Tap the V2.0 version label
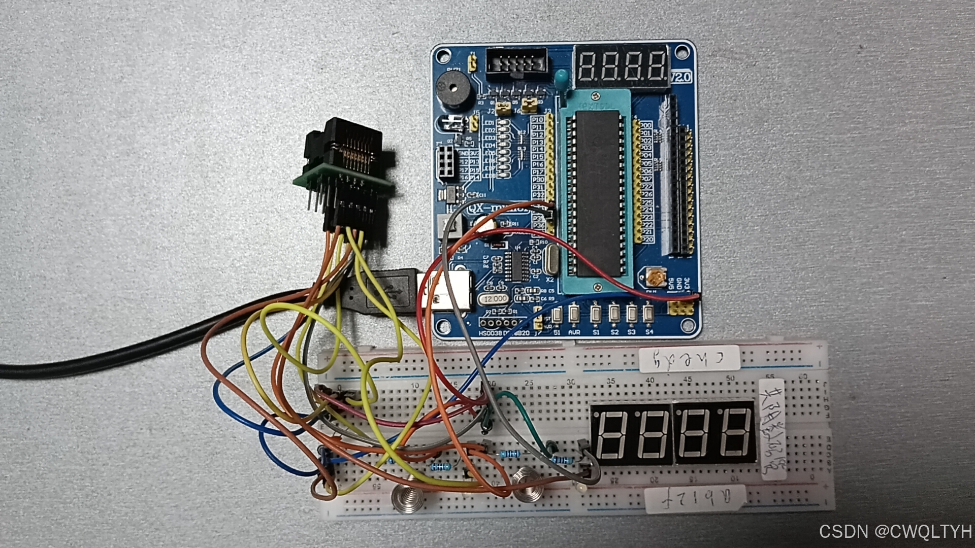(680, 77)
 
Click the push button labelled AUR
(574, 314)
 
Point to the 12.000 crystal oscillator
(495, 299)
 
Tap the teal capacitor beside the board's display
(562, 78)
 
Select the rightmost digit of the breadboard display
(735, 433)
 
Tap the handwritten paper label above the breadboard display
(689, 359)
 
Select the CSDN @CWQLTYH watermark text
(895, 531)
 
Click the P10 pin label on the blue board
(537, 119)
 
